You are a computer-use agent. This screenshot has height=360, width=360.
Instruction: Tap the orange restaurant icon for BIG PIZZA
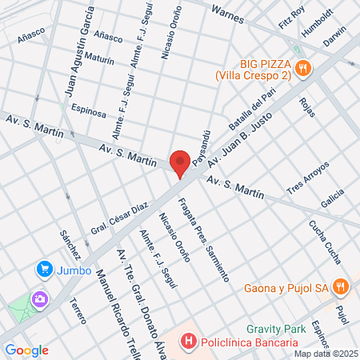click(x=302, y=69)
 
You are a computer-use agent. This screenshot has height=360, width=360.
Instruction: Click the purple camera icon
click(x=38, y=299)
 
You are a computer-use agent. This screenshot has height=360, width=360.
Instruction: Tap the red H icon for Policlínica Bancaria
click(x=189, y=342)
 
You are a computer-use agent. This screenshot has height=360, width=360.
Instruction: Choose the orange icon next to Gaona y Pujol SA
click(x=341, y=286)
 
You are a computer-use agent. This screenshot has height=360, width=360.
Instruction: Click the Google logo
click(x=26, y=350)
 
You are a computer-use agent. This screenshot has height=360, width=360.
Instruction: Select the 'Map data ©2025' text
click(x=326, y=353)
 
